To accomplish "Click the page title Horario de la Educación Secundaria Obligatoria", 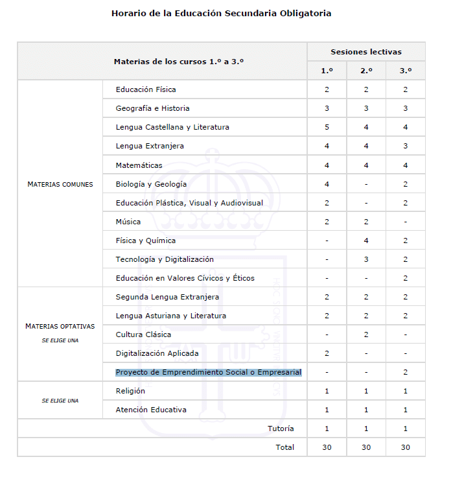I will point(221,13).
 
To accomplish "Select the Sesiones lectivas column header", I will point(365,52).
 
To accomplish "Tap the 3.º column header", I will point(405,71).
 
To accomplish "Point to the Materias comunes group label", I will point(60,184).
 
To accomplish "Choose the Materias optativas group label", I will point(60,326).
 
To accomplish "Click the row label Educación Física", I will point(146,89).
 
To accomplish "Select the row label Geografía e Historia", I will point(152,108).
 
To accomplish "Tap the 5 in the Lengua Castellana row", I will point(327,127).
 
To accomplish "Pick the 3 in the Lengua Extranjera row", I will point(405,146).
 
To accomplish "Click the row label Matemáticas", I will point(139,165).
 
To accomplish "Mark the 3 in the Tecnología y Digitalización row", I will point(366,259).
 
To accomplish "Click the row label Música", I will point(128,222).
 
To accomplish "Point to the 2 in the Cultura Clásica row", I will point(366,334).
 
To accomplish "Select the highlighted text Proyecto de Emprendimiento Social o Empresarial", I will point(208,372).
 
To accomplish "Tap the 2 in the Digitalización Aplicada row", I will point(327,353).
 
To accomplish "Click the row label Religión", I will point(130,391).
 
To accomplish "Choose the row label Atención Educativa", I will point(151,410).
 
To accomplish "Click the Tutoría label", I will point(281,428).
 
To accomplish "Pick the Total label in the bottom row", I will point(284,447).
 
